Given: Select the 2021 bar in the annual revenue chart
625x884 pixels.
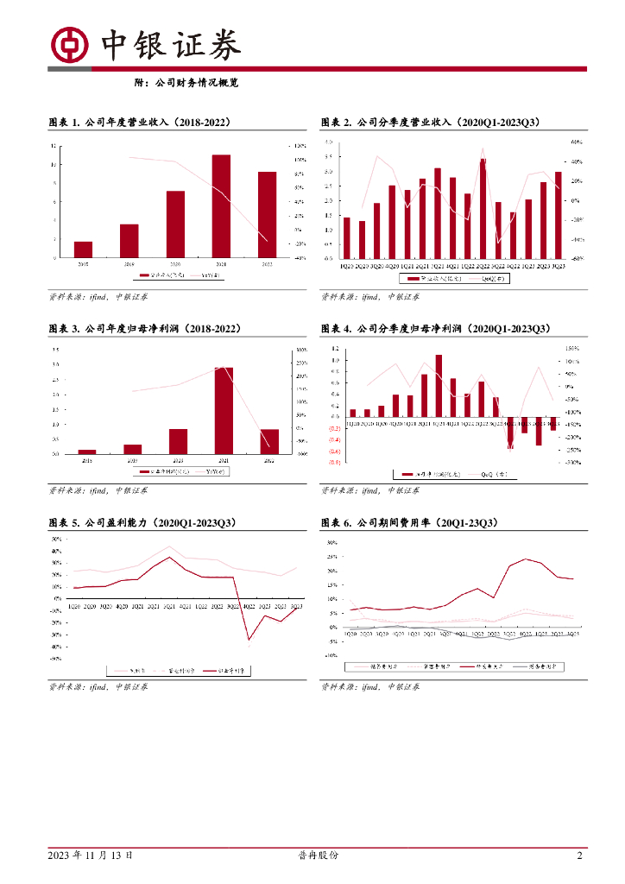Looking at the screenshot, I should click(x=222, y=206).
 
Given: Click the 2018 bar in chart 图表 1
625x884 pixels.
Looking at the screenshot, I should click(x=84, y=249).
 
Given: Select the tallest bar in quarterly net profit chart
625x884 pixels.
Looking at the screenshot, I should click(x=439, y=385).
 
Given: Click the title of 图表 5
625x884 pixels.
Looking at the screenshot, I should click(x=142, y=523).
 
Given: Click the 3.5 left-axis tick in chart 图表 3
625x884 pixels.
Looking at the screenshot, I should click(x=55, y=350).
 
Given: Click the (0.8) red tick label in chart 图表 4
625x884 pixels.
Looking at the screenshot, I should click(x=333, y=463).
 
